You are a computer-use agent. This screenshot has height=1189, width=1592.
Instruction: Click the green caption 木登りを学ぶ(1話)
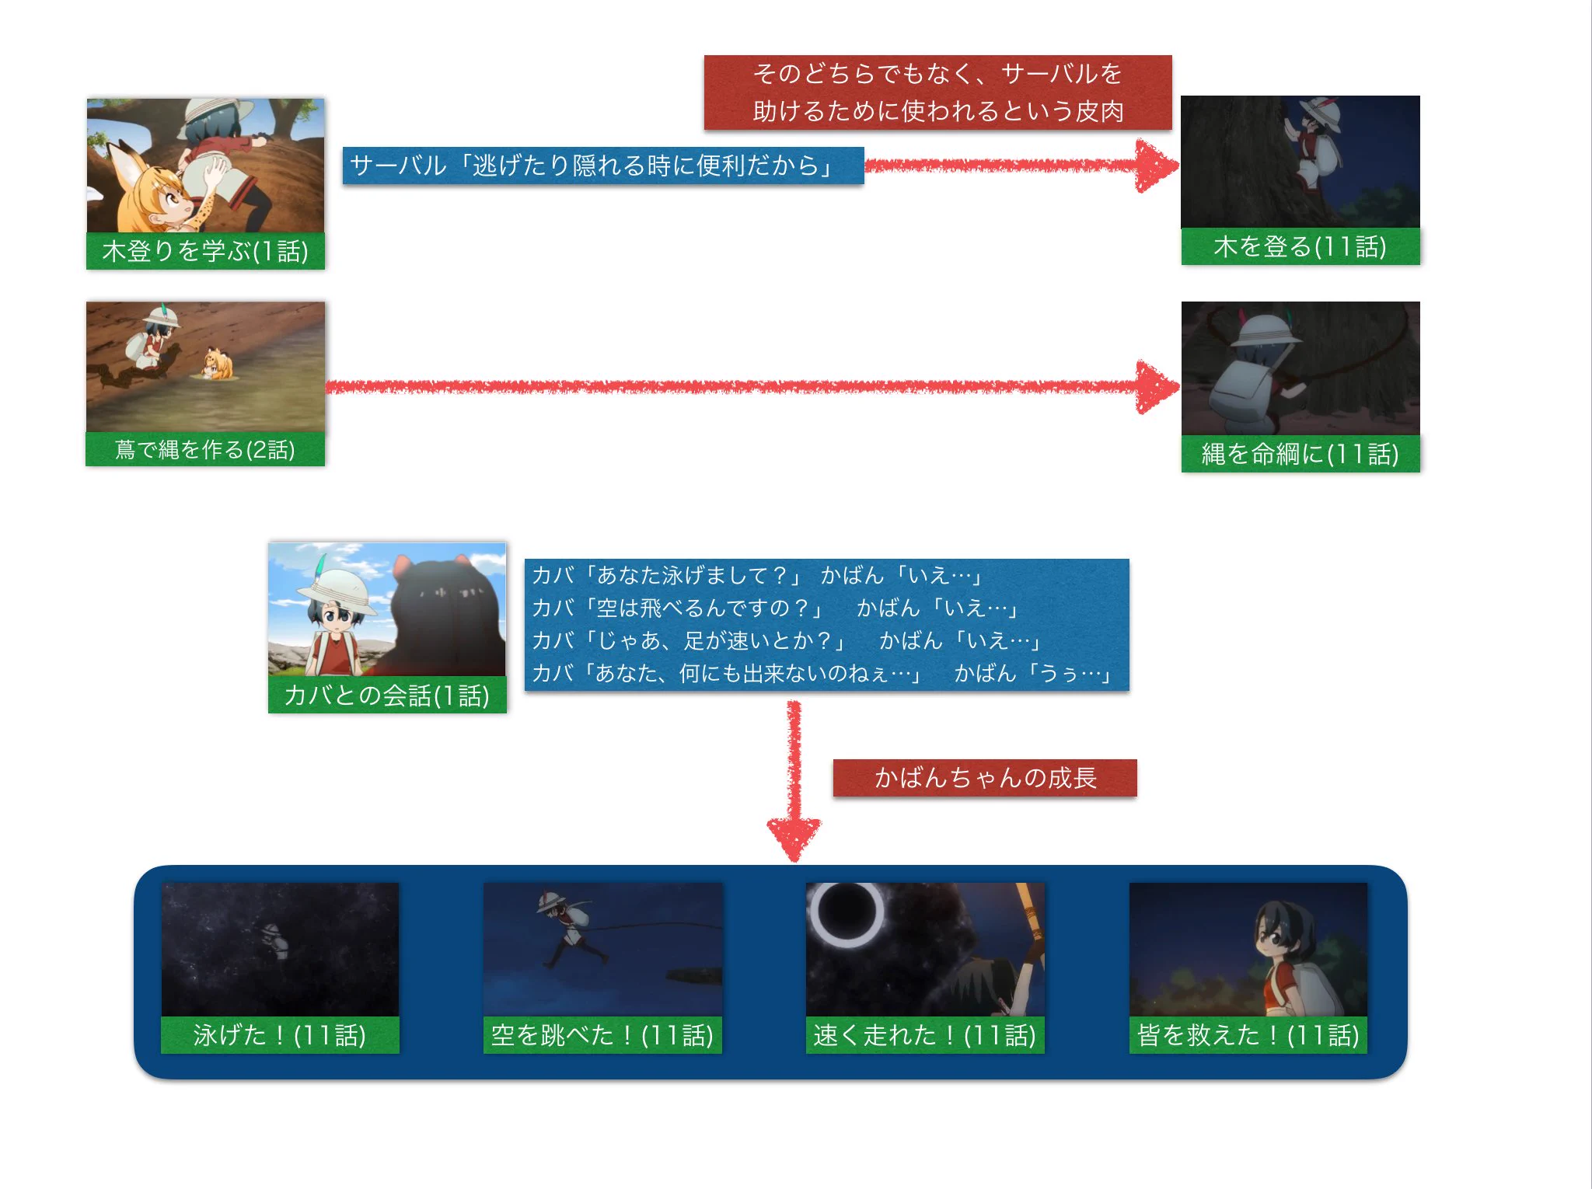(205, 251)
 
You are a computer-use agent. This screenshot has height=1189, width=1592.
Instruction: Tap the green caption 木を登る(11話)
(1300, 246)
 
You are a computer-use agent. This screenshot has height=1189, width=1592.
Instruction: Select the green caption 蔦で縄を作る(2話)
(205, 449)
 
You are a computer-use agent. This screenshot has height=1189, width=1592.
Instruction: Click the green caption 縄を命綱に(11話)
(1300, 453)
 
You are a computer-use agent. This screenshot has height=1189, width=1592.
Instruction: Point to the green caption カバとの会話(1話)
(387, 695)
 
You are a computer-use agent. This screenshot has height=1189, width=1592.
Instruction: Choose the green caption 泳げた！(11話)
(280, 1034)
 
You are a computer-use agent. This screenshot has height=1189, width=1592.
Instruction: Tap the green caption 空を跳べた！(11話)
(602, 1034)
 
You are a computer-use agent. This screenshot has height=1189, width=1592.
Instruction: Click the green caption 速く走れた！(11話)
(925, 1034)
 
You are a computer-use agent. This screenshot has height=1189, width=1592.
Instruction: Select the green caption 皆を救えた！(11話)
(1248, 1034)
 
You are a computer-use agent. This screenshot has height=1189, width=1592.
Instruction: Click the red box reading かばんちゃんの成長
(985, 777)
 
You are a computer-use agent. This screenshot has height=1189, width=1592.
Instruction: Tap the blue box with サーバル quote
(602, 166)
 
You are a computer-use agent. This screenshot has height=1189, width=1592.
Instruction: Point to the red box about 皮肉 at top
(937, 92)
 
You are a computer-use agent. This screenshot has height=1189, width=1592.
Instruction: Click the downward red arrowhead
(794, 836)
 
